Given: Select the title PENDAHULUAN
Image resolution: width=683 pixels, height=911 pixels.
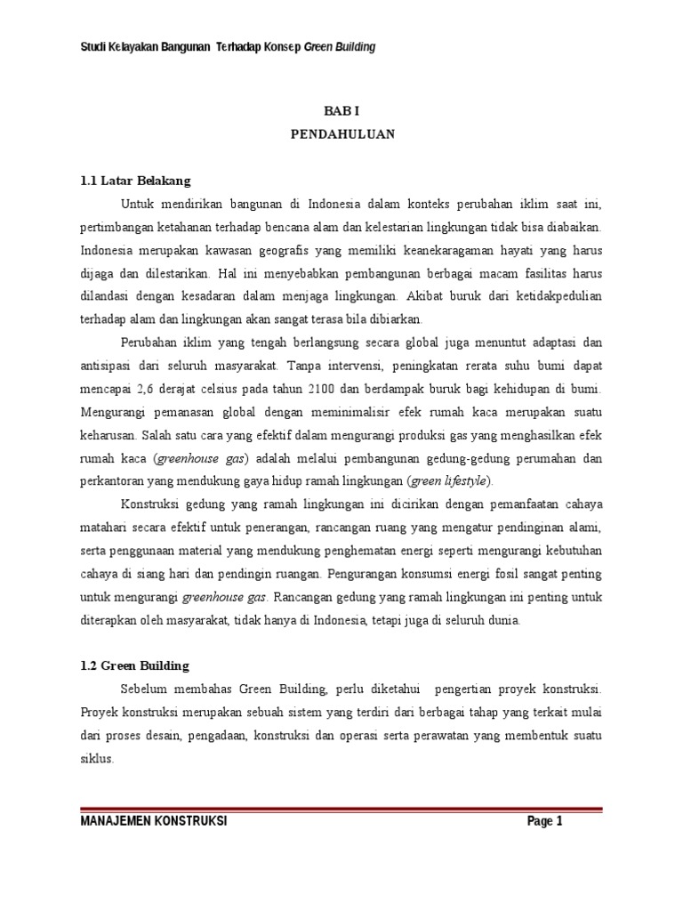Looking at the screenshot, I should pos(341,135).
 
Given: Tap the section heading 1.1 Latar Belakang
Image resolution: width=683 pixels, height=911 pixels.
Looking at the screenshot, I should pos(135,181).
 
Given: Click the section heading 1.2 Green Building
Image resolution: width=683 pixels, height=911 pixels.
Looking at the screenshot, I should pos(134,665).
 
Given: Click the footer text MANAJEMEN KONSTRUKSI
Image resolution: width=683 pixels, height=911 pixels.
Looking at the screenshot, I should pos(153,821).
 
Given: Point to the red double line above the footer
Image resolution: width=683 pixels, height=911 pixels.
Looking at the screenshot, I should pos(341,810).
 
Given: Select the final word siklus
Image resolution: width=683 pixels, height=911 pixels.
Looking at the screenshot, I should pos(97,759).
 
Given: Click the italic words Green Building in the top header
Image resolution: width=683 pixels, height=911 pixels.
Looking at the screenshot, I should pos(340,47).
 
